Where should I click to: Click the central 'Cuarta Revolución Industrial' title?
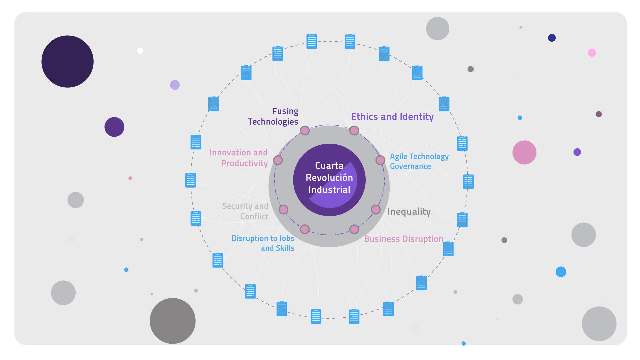point(329,178)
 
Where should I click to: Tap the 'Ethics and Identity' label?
point(392,117)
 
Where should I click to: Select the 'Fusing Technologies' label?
point(273,116)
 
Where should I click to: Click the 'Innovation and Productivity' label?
point(239,158)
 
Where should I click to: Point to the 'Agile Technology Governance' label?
point(419,161)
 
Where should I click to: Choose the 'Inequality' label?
point(409,211)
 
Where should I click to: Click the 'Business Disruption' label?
point(403,239)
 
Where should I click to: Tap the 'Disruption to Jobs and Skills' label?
point(263,243)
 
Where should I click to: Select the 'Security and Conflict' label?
point(245,211)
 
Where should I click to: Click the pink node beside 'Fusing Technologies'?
point(305,130)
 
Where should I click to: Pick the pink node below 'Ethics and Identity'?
point(354,130)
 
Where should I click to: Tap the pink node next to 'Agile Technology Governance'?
point(380,160)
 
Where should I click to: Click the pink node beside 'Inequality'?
point(376,209)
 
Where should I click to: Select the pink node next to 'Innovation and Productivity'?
point(278,160)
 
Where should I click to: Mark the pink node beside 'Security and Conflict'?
point(283,209)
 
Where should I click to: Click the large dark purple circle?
point(67,62)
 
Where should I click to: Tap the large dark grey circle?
point(172,321)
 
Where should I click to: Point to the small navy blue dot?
point(552,38)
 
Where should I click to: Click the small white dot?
point(140,51)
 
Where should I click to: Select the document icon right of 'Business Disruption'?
point(448,249)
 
